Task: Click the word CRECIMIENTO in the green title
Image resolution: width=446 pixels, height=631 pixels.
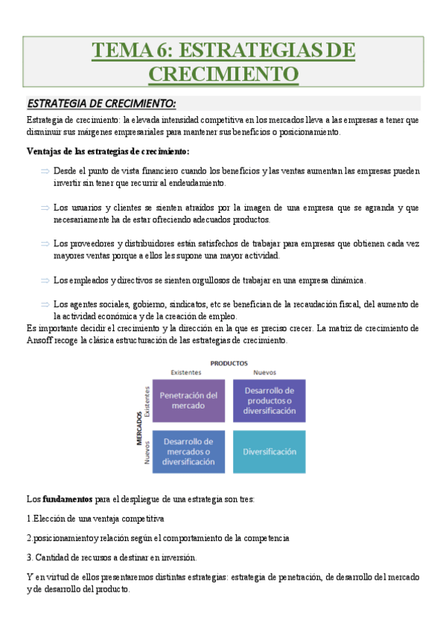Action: click(x=223, y=74)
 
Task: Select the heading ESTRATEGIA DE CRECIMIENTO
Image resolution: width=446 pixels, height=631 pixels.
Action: click(x=101, y=103)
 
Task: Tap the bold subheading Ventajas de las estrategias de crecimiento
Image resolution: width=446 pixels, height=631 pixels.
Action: click(x=108, y=152)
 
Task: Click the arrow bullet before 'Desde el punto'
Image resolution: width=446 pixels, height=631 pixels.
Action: click(x=45, y=171)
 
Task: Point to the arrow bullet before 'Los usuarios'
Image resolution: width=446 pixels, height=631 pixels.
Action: click(x=45, y=208)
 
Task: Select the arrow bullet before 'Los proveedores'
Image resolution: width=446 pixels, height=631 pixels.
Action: click(x=45, y=243)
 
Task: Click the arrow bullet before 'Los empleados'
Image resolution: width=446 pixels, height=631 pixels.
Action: click(x=45, y=280)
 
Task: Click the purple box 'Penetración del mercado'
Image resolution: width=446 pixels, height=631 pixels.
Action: click(x=188, y=400)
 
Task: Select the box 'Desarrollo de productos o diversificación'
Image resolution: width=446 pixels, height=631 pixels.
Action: click(x=269, y=400)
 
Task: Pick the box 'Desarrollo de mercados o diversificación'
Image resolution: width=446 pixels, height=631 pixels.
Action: click(x=188, y=451)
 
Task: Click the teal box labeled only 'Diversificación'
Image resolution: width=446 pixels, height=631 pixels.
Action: click(x=269, y=451)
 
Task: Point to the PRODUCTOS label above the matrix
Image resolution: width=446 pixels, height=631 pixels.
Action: click(x=229, y=364)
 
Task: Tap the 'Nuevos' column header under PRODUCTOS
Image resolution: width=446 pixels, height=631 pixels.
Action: click(x=267, y=373)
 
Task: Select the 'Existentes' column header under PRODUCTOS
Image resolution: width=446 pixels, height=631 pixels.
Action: click(x=186, y=373)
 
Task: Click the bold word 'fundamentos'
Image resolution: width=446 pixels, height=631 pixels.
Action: click(x=68, y=498)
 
